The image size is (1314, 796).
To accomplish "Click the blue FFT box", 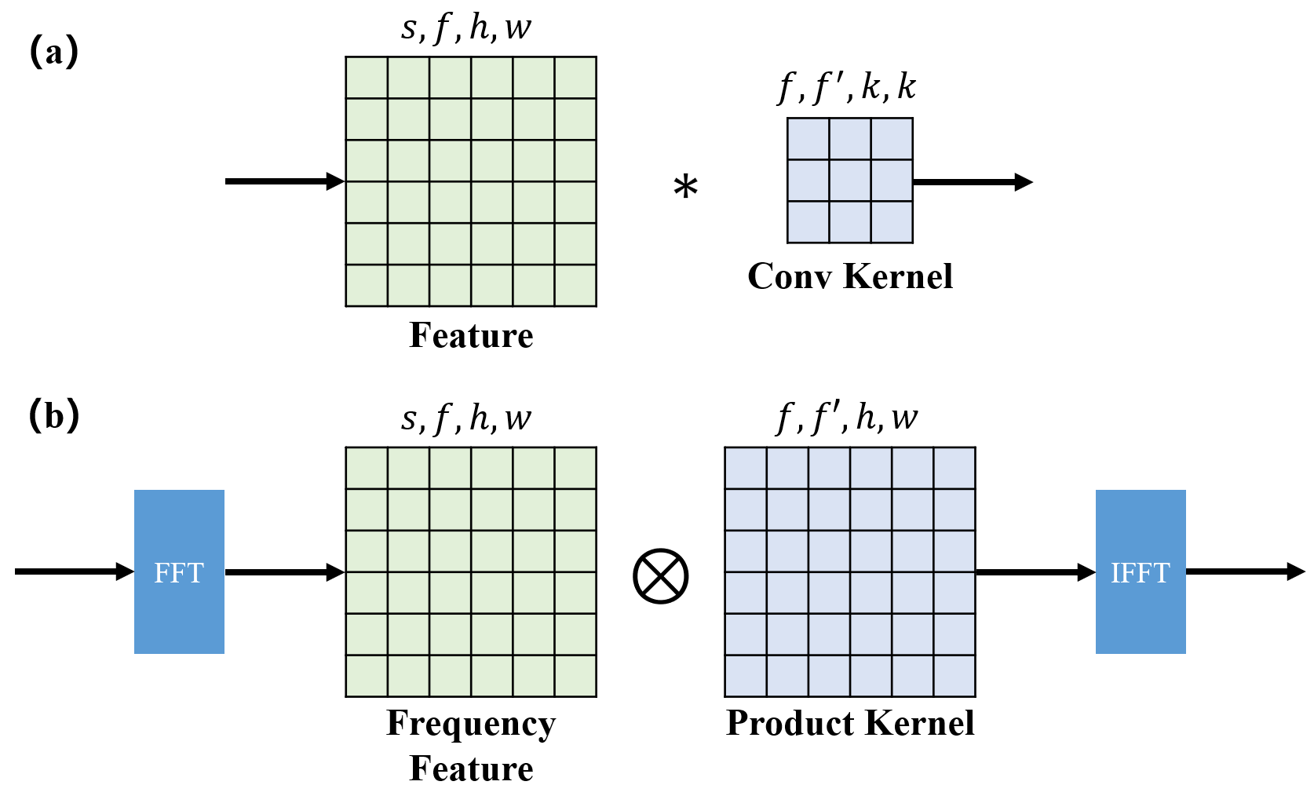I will (x=179, y=571).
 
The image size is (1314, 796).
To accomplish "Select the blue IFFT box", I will (x=1140, y=571).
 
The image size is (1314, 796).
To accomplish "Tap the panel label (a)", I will (x=54, y=53).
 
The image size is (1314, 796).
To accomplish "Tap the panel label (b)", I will (x=54, y=414).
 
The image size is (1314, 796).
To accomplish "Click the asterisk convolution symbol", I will (x=685, y=188).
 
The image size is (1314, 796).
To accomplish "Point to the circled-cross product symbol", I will (x=660, y=575).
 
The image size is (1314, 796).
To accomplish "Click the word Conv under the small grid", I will (x=790, y=276).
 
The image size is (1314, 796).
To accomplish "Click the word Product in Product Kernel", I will (x=789, y=723).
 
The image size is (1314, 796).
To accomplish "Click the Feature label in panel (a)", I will (x=471, y=335).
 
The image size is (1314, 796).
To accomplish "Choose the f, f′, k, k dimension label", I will (x=847, y=86).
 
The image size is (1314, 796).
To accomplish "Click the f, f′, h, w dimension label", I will (x=847, y=417).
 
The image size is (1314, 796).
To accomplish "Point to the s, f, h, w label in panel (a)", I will (x=466, y=27).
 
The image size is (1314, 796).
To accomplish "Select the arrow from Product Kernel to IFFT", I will (x=1035, y=572).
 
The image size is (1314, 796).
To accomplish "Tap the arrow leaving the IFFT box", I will (x=1245, y=571).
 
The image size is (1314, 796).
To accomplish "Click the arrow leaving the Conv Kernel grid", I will (x=972, y=182).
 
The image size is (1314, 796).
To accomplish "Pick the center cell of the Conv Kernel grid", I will (x=850, y=181).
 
